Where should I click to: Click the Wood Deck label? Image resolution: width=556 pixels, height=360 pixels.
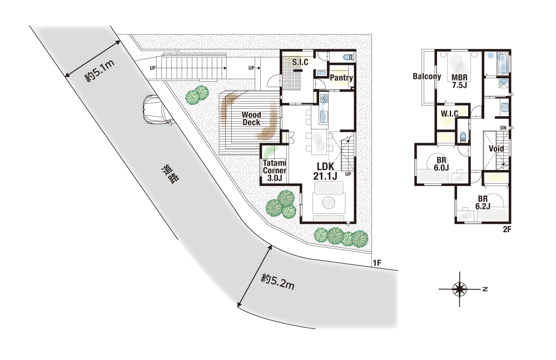click(251, 119)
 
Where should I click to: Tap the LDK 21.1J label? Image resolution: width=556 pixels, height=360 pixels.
click(325, 171)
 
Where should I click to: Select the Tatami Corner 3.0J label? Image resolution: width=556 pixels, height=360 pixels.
click(275, 171)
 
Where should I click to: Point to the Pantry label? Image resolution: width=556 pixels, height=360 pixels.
click(341, 78)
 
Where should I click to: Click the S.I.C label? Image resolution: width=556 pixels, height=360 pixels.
click(300, 62)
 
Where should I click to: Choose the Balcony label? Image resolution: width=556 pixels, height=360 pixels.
click(427, 76)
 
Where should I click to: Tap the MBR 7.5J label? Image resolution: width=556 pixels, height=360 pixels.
click(459, 81)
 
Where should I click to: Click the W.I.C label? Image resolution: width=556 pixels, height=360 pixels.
click(449, 114)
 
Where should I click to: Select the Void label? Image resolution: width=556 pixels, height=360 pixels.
click(496, 148)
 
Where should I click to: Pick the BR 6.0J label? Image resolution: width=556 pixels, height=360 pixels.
click(441, 164)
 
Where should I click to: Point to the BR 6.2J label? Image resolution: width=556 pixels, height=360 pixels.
click(483, 203)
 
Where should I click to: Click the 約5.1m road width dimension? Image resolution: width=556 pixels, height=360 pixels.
click(100, 71)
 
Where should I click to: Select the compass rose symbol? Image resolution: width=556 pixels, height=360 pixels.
click(460, 289)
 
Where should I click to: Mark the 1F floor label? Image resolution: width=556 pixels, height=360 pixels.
click(376, 263)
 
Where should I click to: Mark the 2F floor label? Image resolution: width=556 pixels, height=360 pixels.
click(507, 229)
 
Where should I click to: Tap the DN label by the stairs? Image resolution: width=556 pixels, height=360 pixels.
click(503, 128)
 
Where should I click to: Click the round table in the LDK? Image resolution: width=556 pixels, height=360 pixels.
click(329, 203)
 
